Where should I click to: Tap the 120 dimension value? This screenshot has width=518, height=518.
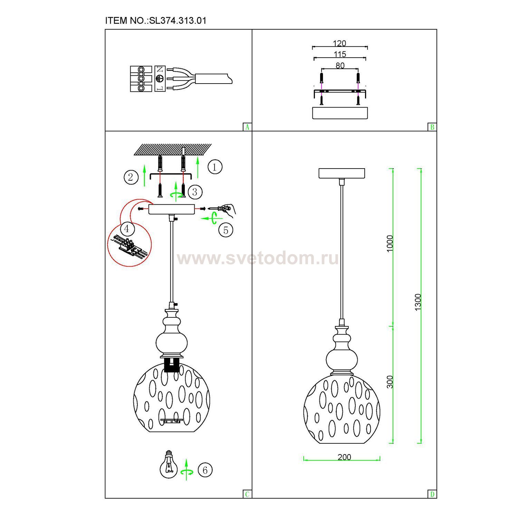click(x=339, y=43)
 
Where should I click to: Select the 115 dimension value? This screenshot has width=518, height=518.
click(x=340, y=54)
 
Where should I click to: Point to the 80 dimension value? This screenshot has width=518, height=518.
click(x=340, y=65)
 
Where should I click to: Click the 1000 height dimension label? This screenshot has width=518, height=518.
click(x=390, y=243)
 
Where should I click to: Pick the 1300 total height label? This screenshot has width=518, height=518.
click(x=418, y=302)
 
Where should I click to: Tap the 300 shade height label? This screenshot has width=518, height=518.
click(x=390, y=382)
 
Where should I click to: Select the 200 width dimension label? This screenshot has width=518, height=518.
click(x=344, y=457)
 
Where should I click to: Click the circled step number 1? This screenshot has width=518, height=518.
click(x=215, y=167)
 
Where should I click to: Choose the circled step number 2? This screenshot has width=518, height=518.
click(x=131, y=178)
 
